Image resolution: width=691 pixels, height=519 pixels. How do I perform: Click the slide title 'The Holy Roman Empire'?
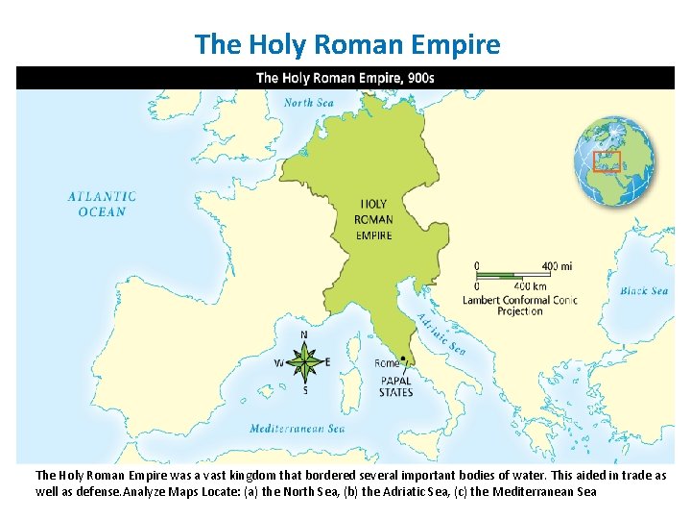click(x=346, y=44)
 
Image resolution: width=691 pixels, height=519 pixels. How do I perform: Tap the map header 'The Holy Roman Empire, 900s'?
click(x=345, y=78)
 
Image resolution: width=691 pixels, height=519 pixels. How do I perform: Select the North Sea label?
click(x=308, y=103)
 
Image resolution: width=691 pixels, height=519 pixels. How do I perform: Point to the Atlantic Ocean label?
click(x=102, y=204)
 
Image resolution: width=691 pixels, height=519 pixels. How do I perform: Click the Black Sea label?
click(x=643, y=290)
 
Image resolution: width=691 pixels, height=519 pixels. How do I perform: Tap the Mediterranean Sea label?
click(x=297, y=429)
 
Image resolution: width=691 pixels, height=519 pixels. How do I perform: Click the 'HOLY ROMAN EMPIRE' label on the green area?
click(x=373, y=219)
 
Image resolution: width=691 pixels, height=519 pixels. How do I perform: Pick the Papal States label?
click(x=395, y=386)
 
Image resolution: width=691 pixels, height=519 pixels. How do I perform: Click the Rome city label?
click(x=387, y=363)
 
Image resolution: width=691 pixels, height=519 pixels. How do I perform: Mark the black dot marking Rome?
click(x=404, y=358)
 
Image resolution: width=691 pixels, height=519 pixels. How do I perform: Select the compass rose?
click(x=304, y=362)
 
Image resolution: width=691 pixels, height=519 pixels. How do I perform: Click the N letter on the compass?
click(x=304, y=334)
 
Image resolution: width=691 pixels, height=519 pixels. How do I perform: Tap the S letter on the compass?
click(x=305, y=391)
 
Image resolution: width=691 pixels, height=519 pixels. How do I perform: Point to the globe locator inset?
click(x=614, y=161)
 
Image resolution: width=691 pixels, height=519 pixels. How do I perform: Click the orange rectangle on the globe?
click(x=608, y=161)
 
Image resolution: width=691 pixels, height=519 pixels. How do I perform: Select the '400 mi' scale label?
click(x=557, y=265)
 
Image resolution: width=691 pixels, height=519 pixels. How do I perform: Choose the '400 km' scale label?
click(x=530, y=285)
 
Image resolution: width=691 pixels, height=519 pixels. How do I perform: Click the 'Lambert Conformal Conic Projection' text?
click(x=520, y=305)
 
